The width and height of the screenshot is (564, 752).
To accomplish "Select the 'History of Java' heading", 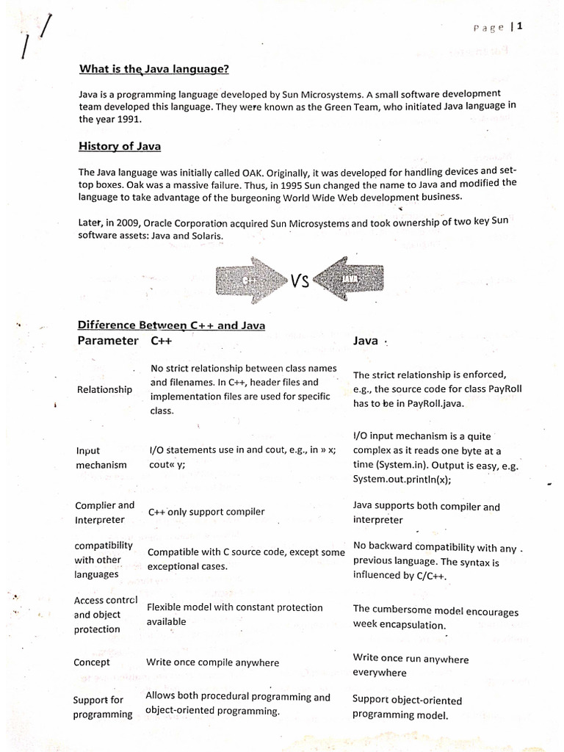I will pyautogui.click(x=120, y=146).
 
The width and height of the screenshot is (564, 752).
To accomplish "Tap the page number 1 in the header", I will pyautogui.click(x=519, y=26).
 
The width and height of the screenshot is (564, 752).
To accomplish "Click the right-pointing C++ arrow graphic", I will pyautogui.click(x=250, y=280).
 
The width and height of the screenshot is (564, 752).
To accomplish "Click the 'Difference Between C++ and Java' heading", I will pyautogui.click(x=171, y=325).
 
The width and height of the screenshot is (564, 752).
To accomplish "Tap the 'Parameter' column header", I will pyautogui.click(x=107, y=341).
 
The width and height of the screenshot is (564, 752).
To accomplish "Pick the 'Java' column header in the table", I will pyautogui.click(x=366, y=341).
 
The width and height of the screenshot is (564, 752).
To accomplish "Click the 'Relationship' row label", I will pyautogui.click(x=104, y=389).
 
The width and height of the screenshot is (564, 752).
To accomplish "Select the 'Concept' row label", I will pyautogui.click(x=92, y=662).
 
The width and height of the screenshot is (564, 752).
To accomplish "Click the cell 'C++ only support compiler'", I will pyautogui.click(x=206, y=512).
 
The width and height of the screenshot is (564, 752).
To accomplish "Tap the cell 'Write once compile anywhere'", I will pyautogui.click(x=212, y=662).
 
